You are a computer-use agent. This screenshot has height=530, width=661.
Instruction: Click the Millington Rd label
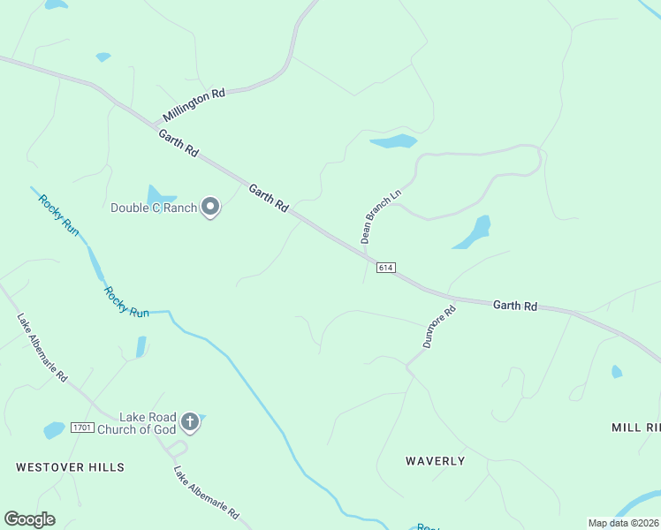point(194,105)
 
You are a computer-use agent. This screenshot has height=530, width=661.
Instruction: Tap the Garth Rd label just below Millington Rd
point(179,143)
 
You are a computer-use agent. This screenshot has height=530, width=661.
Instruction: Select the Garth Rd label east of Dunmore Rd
point(515,306)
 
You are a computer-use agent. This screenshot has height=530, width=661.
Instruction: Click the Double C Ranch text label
point(153,208)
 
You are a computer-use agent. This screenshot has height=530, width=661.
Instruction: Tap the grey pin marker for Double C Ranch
point(210,207)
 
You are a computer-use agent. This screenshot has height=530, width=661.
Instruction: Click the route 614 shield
point(384,268)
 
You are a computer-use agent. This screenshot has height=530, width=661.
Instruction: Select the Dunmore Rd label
point(438,326)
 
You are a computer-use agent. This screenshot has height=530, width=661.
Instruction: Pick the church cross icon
point(190,422)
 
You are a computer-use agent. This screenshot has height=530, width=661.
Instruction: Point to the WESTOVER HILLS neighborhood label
point(70,466)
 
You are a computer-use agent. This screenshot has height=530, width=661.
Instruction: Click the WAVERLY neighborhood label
point(435,461)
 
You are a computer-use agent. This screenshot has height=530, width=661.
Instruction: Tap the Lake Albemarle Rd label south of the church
point(207,492)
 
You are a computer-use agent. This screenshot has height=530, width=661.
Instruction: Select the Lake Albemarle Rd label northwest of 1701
point(42,347)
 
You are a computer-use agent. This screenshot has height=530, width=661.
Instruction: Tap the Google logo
point(29,519)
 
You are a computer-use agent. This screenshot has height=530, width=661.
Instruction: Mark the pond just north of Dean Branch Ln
point(393,141)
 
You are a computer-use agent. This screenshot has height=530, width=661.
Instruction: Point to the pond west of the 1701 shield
point(54,430)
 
